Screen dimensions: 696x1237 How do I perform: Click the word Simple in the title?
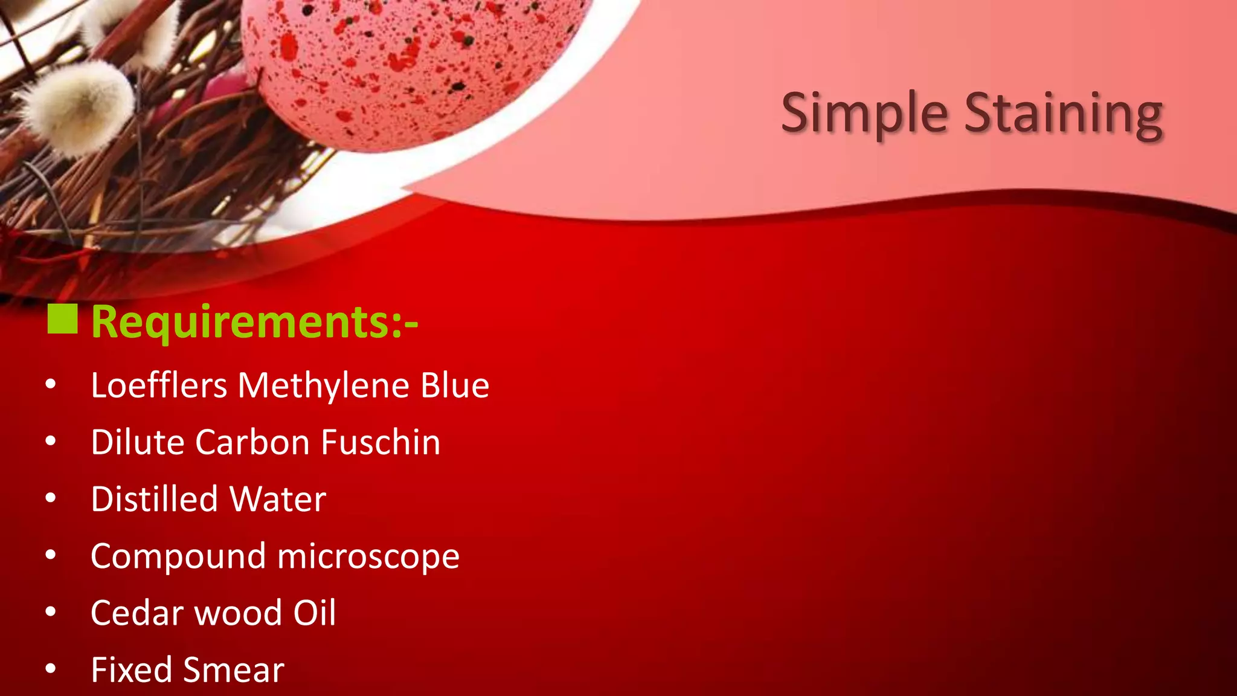click(864, 113)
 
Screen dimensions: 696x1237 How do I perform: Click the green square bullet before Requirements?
click(62, 319)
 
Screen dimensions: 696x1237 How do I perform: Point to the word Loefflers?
click(159, 385)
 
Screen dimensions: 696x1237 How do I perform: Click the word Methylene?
click(324, 385)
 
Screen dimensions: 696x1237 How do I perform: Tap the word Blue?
click(455, 385)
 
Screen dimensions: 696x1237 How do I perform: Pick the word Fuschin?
click(381, 442)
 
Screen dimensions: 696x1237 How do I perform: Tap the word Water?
click(278, 499)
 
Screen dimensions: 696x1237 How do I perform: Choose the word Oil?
click(314, 613)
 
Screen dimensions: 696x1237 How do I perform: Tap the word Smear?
click(233, 669)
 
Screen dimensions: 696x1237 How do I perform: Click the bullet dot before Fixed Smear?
click(51, 668)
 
